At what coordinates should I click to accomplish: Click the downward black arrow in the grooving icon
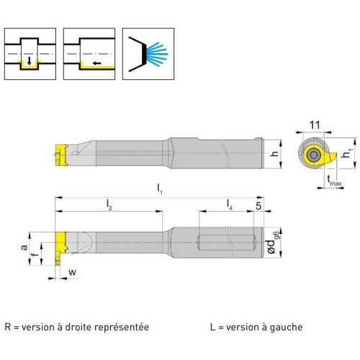tap(30, 61)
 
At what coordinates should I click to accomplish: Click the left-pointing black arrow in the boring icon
tap(97, 63)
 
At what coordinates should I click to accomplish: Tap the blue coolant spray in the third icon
tap(157, 54)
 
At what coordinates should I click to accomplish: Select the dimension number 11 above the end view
tap(315, 125)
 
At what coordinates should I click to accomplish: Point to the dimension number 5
tap(258, 206)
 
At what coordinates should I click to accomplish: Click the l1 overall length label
tap(160, 189)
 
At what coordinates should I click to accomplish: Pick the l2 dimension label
tap(109, 204)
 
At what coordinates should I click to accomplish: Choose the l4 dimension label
tap(230, 204)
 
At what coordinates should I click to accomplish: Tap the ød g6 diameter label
tap(272, 243)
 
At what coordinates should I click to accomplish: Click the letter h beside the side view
tap(274, 153)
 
